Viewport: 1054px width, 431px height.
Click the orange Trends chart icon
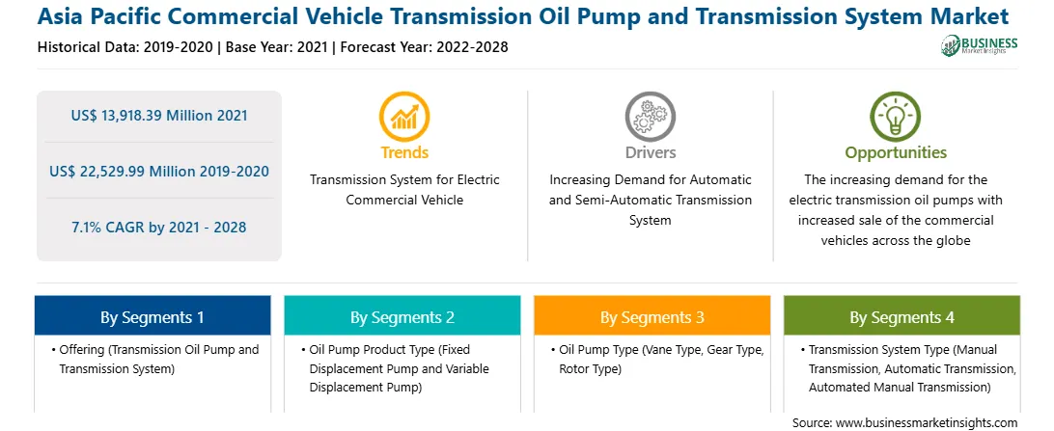[x=404, y=117]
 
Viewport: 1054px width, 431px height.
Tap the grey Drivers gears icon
[x=650, y=117]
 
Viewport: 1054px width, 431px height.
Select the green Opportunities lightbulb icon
[x=896, y=117]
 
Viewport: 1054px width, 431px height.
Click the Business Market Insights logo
[x=980, y=45]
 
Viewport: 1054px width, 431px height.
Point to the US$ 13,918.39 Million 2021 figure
[x=159, y=116]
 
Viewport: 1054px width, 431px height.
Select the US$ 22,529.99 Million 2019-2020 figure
[x=159, y=172]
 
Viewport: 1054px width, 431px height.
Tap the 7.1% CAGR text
[x=159, y=227]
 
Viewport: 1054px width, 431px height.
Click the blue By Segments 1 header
[x=153, y=315]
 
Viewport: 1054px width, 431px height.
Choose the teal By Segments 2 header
[x=402, y=315]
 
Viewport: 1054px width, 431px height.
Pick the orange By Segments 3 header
[x=652, y=315]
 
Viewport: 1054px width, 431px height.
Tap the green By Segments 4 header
[x=902, y=315]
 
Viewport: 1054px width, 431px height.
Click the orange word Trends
[x=404, y=152]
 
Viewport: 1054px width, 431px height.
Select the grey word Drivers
[x=650, y=152]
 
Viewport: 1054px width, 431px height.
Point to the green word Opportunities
[x=896, y=153]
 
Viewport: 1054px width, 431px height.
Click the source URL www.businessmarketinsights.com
[x=923, y=423]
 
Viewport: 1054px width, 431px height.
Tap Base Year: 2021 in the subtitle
[x=276, y=47]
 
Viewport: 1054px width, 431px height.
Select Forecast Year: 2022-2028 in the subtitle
[x=422, y=47]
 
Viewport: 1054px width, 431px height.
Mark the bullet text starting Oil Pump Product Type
[x=396, y=368]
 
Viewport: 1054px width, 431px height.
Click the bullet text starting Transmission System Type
[x=908, y=368]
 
